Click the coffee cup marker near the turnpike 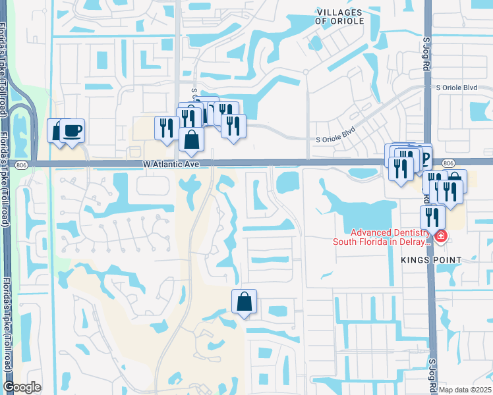point(72,130)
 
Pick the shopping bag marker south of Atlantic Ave point(244,302)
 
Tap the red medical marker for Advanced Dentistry point(440,236)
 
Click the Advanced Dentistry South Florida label point(389,236)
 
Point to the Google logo point(22,387)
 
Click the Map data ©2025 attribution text point(464,390)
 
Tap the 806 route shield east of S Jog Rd point(448,163)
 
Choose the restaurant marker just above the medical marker point(432,217)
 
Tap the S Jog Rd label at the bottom point(434,372)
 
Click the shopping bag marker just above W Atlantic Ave point(191,140)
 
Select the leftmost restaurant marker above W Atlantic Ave point(165,127)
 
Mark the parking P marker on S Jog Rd point(424,157)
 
